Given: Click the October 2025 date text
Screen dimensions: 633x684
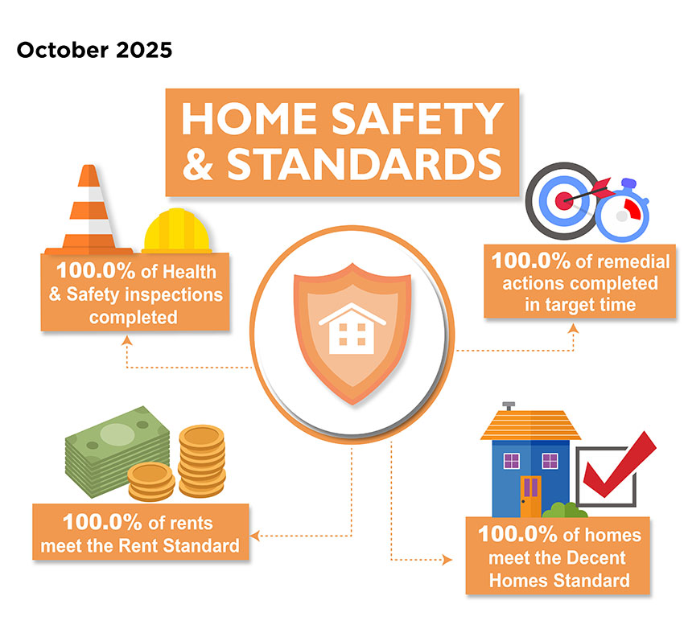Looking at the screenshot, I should pyautogui.click(x=94, y=51).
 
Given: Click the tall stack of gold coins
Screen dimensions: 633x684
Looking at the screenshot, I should pyautogui.click(x=201, y=459).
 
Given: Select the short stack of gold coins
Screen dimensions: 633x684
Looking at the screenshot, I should pyautogui.click(x=151, y=482).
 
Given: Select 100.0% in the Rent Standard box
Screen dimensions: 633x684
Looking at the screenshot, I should pyautogui.click(x=96, y=522).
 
